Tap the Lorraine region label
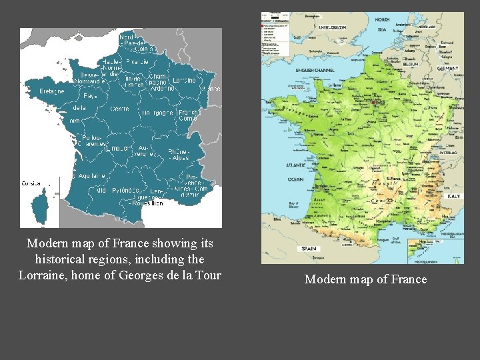pos(185,80)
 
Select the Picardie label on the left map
pos(137,61)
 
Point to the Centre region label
pos(120,108)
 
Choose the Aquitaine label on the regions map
pos(91,175)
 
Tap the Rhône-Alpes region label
pos(178,155)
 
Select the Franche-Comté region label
pos(188,115)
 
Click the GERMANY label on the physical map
pos(447,69)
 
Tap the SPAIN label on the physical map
pos(309,248)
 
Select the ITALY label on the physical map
pos(453,196)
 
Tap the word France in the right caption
pos(408,279)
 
